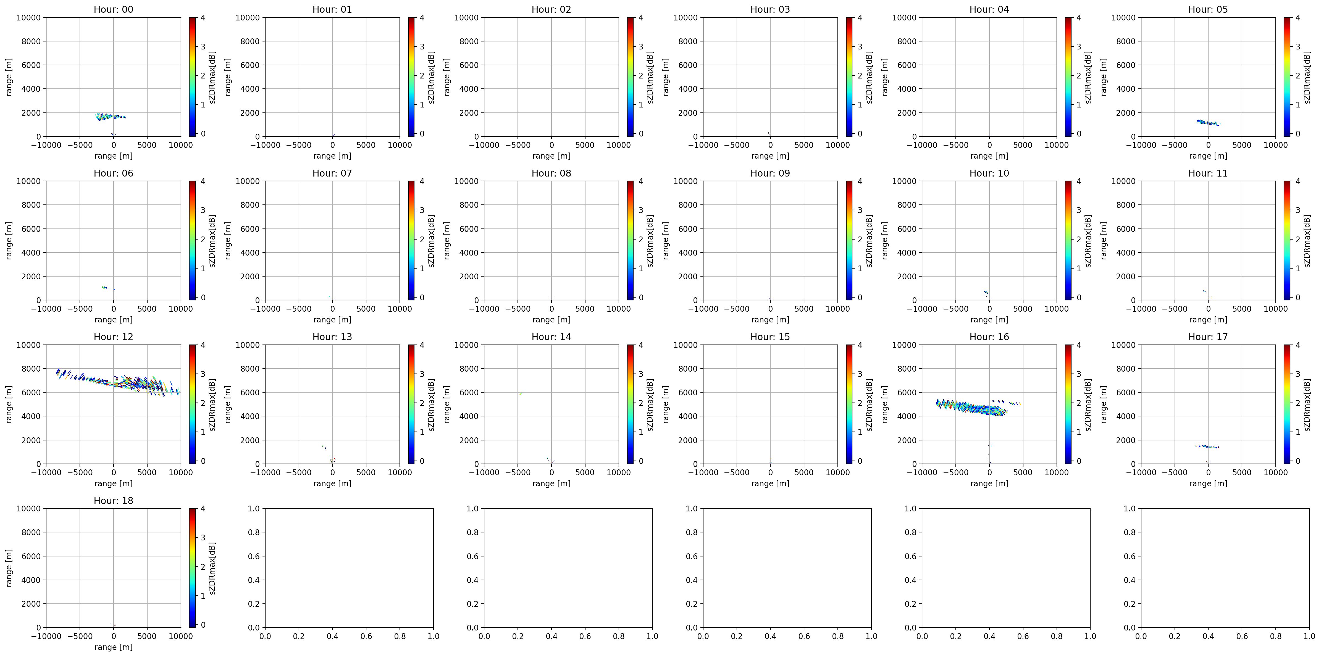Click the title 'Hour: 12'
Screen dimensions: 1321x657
pyautogui.click(x=113, y=337)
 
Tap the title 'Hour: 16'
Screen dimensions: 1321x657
pyautogui.click(x=989, y=337)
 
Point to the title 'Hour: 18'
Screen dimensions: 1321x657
pyautogui.click(x=113, y=501)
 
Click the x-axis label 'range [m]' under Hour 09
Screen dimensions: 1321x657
pyautogui.click(x=770, y=320)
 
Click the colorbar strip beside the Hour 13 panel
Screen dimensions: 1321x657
pyautogui.click(x=411, y=404)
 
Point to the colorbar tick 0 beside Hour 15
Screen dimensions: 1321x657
pyautogui.click(x=860, y=461)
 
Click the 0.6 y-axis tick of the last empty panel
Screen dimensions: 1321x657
pyautogui.click(x=1130, y=556)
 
